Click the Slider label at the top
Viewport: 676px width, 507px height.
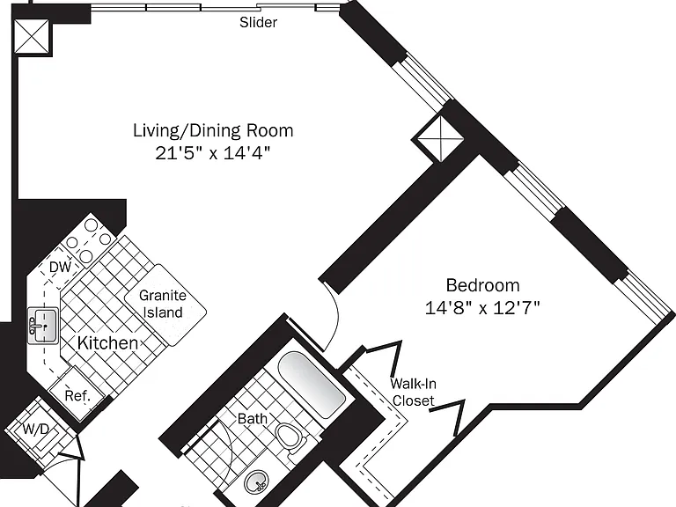(258, 22)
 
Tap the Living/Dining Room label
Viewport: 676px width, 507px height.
(213, 130)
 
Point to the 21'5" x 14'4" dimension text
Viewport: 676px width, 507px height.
(212, 152)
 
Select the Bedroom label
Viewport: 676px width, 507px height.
(482, 285)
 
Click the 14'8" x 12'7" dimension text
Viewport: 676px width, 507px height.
(482, 308)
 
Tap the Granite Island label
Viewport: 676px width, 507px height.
(163, 304)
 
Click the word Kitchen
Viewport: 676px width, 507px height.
(107, 343)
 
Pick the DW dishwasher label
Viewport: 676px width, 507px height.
(61, 268)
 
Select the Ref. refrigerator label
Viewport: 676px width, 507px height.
(77, 395)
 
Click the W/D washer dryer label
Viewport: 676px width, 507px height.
(36, 429)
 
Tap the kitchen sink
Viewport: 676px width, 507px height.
(43, 326)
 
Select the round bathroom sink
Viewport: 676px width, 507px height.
(257, 482)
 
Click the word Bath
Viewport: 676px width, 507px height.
(253, 419)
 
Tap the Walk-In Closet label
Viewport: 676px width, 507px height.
(413, 392)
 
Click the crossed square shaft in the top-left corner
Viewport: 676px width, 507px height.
(32, 36)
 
